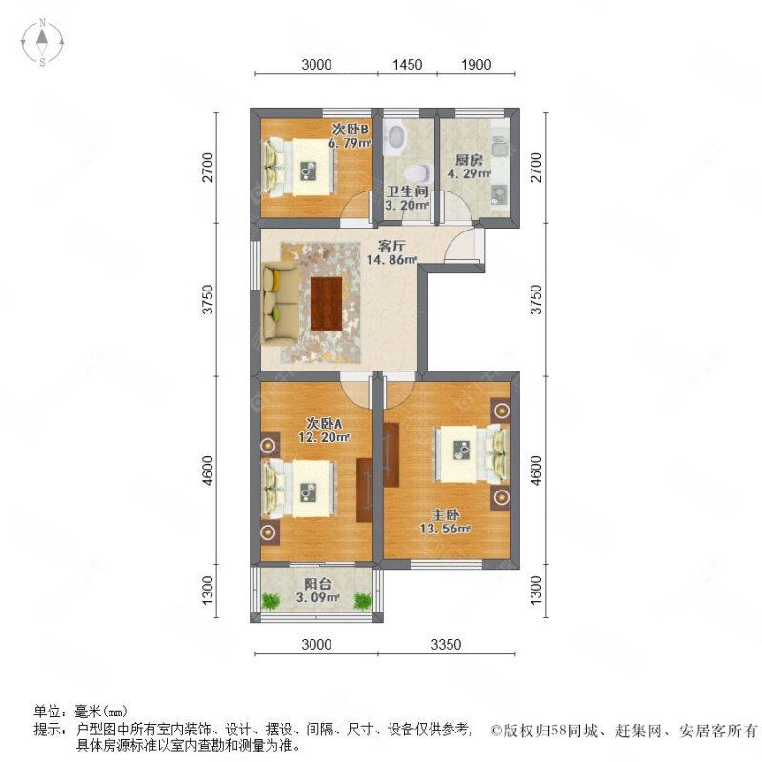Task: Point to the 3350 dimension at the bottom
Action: [x=445, y=645]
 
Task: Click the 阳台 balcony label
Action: [x=317, y=584]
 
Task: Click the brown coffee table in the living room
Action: [x=325, y=303]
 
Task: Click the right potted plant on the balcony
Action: [x=362, y=600]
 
